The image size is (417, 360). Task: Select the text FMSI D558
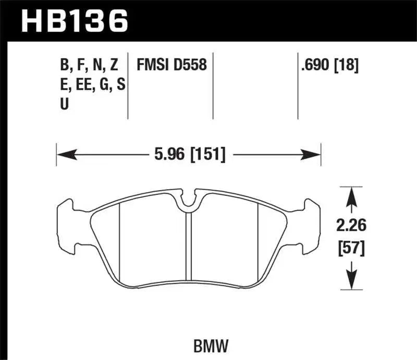(171, 65)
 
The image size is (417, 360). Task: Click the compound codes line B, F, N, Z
(89, 65)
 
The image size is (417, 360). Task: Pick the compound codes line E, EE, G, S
(92, 84)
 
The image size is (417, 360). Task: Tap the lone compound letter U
(64, 104)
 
